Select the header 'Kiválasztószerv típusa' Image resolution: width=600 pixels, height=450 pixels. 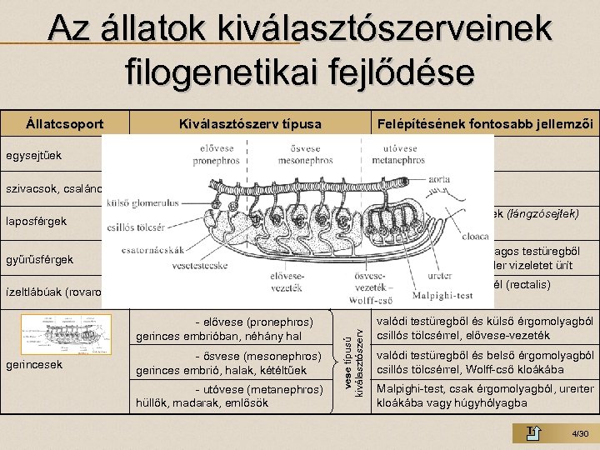[250, 124]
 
